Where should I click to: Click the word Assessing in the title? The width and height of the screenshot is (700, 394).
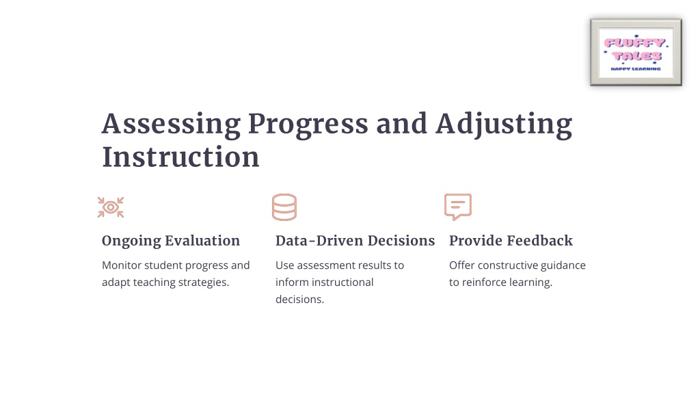(171, 124)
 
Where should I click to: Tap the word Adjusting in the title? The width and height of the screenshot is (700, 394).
(504, 124)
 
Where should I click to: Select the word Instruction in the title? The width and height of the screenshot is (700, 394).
(180, 157)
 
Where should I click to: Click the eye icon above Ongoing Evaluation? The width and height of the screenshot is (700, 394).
(111, 207)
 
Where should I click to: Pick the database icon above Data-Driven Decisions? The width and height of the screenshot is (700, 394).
(284, 207)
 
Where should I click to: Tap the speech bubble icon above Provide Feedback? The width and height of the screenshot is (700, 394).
(458, 207)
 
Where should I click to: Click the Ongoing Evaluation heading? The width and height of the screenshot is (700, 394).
(170, 241)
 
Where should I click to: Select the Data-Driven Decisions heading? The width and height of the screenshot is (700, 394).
(355, 241)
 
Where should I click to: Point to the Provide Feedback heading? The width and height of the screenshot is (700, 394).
(511, 241)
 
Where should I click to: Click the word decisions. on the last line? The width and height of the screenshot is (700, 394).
(299, 300)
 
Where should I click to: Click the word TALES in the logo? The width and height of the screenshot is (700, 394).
(636, 56)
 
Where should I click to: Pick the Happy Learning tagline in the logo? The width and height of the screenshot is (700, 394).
(636, 69)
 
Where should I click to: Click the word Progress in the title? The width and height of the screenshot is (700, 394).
(308, 124)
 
